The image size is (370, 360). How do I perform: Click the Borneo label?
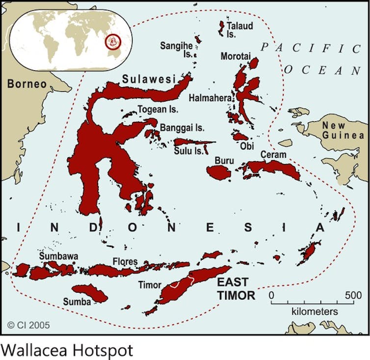tap(27, 84)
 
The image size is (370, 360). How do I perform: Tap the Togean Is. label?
tap(158, 110)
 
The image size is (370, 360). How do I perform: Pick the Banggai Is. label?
tap(182, 128)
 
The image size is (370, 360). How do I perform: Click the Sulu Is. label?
tap(188, 151)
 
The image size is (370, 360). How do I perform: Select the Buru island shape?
tap(218, 172)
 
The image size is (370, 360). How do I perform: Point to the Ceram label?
tap(273, 154)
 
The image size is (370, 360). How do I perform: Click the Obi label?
tap(247, 146)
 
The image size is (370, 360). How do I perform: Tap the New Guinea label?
tap(343, 131)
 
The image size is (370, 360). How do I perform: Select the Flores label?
tap(125, 261)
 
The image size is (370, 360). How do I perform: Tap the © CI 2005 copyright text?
tap(28, 325)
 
